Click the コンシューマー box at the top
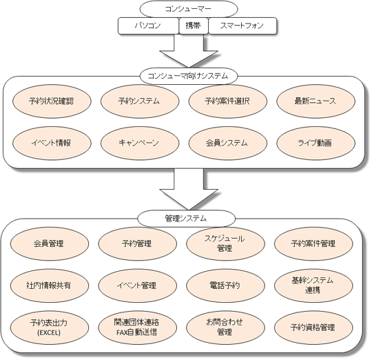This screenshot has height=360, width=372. [189, 9]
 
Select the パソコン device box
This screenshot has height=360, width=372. [148, 26]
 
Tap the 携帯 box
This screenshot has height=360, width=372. [194, 26]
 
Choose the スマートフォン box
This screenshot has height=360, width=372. [242, 26]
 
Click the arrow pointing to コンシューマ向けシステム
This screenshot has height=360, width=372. [189, 51]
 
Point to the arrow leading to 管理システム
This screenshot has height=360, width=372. [189, 189]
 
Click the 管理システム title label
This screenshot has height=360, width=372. [186, 218]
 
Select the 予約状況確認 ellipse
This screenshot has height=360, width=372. [52, 101]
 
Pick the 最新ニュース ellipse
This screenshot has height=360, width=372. [316, 101]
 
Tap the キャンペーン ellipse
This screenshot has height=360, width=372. [140, 143]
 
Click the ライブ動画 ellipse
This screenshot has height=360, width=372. [316, 143]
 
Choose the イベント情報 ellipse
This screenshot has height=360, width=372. [52, 143]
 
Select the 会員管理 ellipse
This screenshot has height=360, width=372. [50, 243]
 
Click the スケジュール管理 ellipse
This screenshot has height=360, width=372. [225, 243]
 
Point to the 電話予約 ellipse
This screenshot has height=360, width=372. [225, 286]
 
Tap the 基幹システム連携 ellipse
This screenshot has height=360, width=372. [313, 286]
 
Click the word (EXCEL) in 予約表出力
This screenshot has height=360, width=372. [49, 332]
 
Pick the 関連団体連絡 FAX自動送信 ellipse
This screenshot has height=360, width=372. [137, 328]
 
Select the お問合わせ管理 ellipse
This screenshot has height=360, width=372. [225, 328]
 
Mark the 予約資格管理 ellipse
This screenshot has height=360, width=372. [313, 328]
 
